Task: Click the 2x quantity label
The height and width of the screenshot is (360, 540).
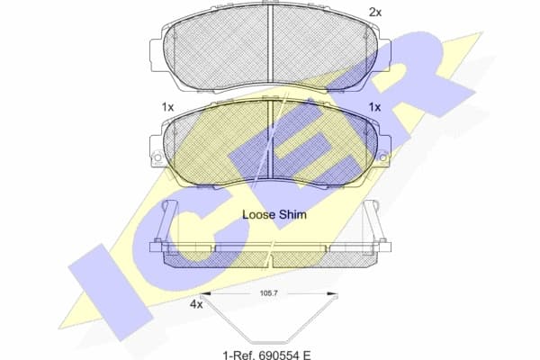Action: coord(375,12)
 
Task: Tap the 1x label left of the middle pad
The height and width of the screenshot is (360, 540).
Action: coord(167,107)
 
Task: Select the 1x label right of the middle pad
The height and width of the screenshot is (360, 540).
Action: coord(374,107)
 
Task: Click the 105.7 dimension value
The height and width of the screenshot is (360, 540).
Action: coord(269,294)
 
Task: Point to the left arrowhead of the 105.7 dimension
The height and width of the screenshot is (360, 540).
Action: coord(203,294)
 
